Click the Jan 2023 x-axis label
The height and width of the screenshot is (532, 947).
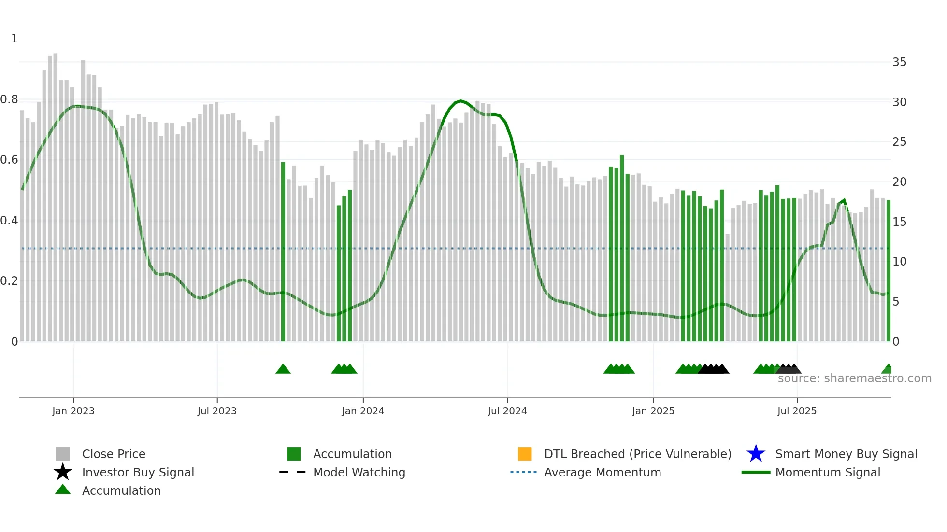coord(73,411)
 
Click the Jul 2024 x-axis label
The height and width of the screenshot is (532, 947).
coord(507,411)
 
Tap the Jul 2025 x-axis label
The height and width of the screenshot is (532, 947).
coord(797,411)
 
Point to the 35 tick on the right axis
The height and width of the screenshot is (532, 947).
coord(899,62)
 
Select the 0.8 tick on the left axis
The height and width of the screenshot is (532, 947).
coord(9,99)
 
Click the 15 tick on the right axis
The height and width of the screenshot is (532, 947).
coord(899,222)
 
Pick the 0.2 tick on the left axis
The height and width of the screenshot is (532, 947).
coord(9,281)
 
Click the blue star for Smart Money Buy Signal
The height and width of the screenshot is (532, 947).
coord(756,454)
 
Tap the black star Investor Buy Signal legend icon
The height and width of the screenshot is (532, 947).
coord(63,472)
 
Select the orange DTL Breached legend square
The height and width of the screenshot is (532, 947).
coord(525,454)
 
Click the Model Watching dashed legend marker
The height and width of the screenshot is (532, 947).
coord(293,472)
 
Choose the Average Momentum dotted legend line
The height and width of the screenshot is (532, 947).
coord(524,472)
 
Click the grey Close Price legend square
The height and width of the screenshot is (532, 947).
coord(63,454)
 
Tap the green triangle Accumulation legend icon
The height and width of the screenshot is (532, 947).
coord(63,490)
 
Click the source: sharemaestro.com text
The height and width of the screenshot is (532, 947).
coord(854,378)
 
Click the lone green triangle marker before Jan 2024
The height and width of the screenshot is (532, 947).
coord(283,369)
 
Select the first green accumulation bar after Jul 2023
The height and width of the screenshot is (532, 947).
coord(283,251)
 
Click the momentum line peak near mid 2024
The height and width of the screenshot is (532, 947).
coord(461,101)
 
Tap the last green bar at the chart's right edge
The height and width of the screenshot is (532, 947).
coord(888,270)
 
